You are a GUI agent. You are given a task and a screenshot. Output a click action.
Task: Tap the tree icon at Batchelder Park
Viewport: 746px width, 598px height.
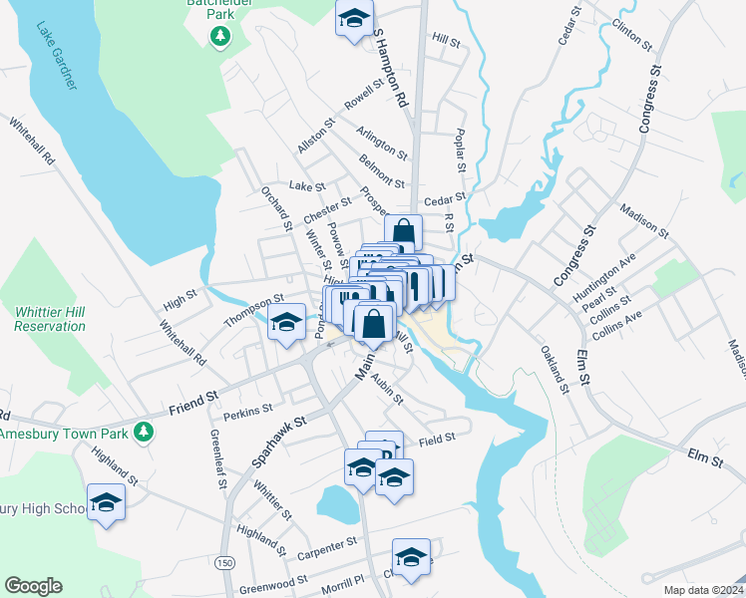(x=220, y=37)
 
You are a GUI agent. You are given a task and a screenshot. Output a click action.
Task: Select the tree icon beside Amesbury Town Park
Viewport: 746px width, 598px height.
(x=146, y=431)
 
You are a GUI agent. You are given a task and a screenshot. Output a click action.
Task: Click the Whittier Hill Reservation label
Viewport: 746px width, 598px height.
(x=50, y=319)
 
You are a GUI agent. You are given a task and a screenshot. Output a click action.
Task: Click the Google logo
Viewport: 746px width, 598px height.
(x=33, y=586)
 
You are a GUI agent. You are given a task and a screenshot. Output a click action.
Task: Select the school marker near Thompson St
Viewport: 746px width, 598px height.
(x=286, y=322)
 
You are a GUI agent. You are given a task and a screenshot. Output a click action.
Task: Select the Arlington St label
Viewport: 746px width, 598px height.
(x=383, y=143)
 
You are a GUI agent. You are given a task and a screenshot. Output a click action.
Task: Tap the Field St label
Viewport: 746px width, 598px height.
(x=437, y=439)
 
